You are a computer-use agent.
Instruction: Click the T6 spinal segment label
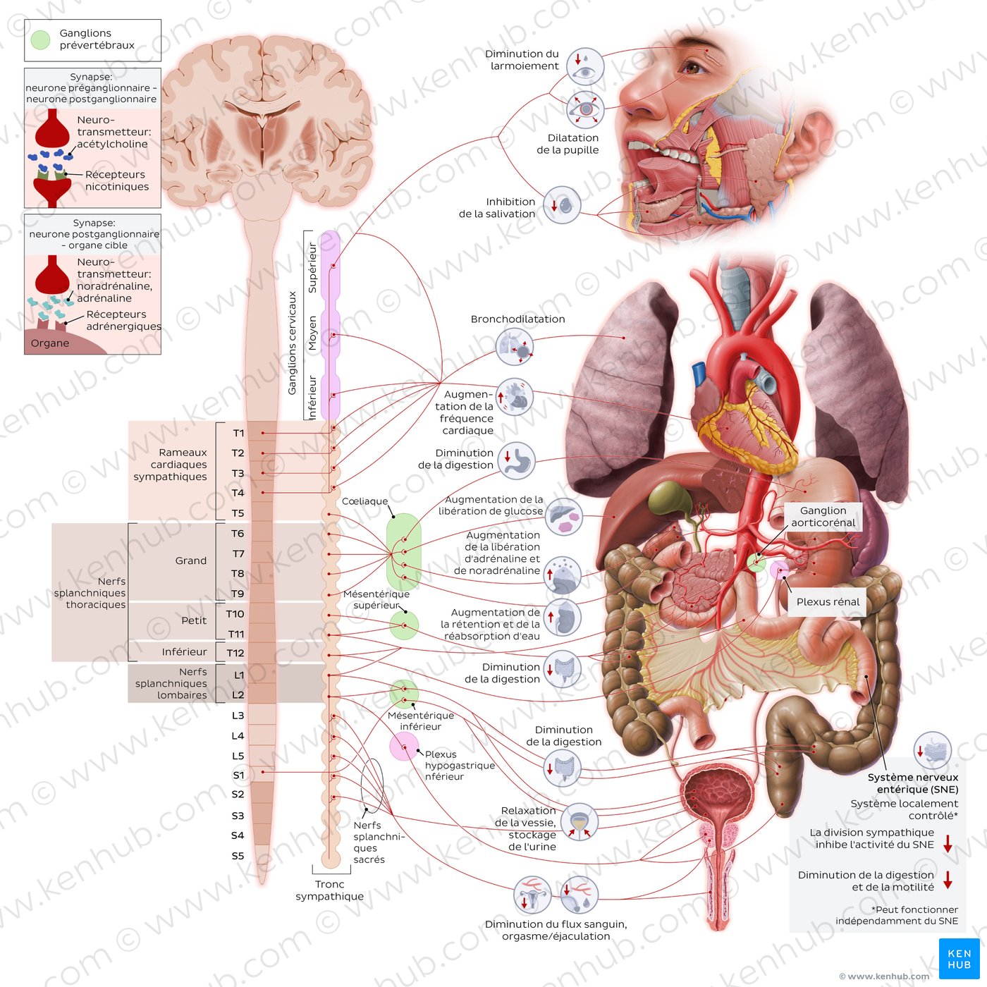click(238, 534)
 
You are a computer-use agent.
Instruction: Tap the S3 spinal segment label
click(238, 816)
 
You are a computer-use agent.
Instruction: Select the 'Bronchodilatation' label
click(517, 319)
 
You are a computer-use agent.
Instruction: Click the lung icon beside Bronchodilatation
click(514, 346)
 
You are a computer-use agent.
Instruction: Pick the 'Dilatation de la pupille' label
click(568, 144)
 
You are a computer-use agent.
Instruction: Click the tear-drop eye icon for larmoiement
click(585, 66)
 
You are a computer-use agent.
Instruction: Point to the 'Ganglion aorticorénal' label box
click(823, 517)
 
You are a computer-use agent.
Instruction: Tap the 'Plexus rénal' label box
click(828, 602)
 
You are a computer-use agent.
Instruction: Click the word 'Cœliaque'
click(364, 501)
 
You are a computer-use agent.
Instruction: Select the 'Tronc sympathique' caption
click(329, 890)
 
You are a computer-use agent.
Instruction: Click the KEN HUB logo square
click(959, 959)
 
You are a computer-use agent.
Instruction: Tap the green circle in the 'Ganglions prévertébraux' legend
click(41, 40)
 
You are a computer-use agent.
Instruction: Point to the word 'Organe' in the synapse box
click(50, 343)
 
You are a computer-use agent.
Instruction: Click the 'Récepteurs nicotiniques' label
click(116, 180)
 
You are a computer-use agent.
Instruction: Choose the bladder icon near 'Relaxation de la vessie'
click(580, 822)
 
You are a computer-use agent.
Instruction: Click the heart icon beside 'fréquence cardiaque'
click(515, 397)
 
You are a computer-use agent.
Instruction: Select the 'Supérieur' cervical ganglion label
click(312, 267)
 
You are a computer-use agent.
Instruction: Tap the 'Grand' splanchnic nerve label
click(191, 561)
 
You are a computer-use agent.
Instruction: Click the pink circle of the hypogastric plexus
click(404, 747)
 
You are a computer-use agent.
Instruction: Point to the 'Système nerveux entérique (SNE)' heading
click(912, 783)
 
